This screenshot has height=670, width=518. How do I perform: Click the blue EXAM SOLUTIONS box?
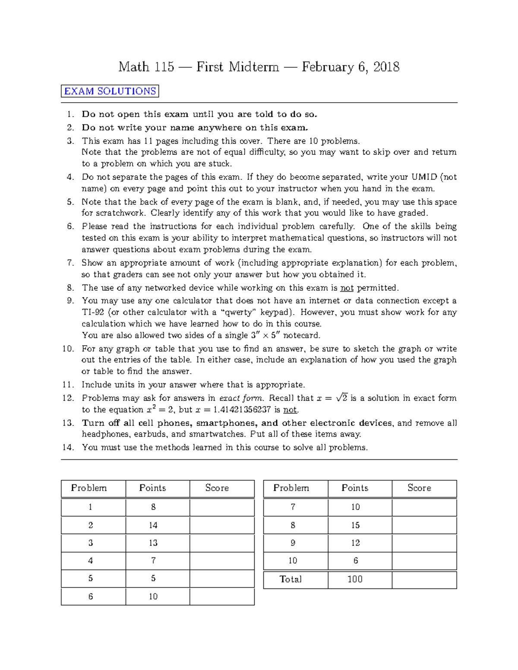point(110,91)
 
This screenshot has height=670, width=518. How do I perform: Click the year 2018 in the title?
point(386,67)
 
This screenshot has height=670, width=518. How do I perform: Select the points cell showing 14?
point(153,525)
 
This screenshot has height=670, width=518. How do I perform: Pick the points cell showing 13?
point(153,543)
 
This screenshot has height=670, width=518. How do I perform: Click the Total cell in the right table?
point(291,579)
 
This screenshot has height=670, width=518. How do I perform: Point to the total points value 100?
point(355,579)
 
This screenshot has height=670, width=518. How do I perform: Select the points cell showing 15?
point(355,525)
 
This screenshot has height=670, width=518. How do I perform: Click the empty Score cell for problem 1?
point(222,507)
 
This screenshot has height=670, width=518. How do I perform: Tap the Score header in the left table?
point(217,488)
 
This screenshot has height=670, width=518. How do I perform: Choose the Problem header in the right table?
point(291,488)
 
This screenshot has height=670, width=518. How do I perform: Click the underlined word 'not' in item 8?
point(347,288)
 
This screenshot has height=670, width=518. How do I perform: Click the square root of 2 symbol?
point(342,397)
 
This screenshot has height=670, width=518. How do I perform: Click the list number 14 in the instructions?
point(68,447)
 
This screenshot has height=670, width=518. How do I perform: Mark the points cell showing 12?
point(355,543)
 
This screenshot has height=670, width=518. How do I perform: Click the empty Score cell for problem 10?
point(424,561)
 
